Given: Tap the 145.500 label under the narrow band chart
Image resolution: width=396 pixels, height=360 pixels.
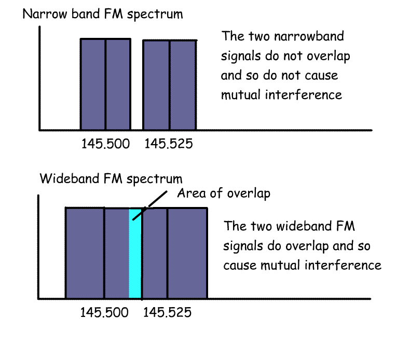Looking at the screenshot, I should [x=105, y=144].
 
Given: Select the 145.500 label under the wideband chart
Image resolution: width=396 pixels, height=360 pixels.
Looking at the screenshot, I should [x=104, y=313].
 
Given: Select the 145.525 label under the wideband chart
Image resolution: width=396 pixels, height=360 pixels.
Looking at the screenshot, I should [x=167, y=313].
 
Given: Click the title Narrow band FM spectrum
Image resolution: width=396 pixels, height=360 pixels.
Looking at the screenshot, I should [x=103, y=14].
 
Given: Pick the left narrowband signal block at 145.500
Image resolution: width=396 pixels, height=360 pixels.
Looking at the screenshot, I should [x=105, y=84].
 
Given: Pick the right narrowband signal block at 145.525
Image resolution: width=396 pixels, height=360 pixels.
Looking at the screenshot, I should [x=170, y=85].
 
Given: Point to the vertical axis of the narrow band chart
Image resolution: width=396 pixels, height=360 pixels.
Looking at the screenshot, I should [x=39, y=78].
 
